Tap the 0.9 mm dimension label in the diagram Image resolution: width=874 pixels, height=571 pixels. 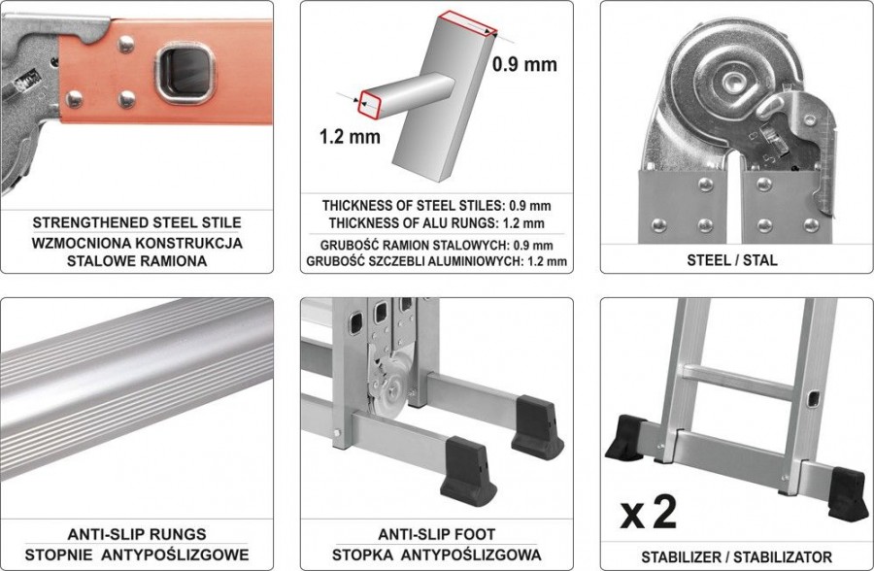tap(524, 64)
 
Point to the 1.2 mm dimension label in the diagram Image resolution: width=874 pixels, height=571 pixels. tap(350, 137)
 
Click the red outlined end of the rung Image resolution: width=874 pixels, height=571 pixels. tap(370, 104)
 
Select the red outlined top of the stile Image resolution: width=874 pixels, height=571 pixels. tap(467, 24)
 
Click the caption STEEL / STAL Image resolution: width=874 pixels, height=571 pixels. tap(732, 260)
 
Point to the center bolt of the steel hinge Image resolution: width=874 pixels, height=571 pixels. tap(736, 82)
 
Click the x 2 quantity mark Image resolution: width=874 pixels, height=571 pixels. tap(649, 512)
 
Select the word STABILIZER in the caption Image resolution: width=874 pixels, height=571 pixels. tap(681, 557)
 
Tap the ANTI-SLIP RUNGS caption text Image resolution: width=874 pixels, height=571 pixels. tap(137, 534)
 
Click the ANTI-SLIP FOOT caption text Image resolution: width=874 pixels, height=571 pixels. tap(436, 534)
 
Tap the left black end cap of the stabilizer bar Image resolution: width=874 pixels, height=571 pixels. tap(625, 438)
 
